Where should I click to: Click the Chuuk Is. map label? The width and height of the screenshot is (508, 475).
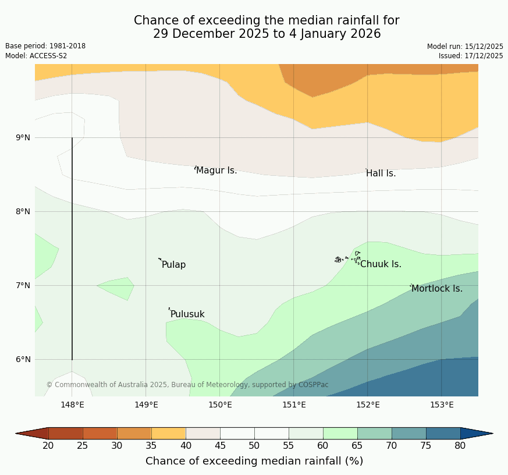pos(381,264)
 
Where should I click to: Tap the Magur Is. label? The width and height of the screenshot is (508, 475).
pos(216,171)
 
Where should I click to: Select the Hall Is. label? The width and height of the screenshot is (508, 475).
pos(381,173)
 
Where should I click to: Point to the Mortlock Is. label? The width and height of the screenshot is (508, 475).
pos(436,289)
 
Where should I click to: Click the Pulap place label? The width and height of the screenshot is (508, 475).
pos(173,265)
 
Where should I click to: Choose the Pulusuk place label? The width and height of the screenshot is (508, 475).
pos(187,314)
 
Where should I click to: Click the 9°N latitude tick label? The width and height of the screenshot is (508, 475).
pos(23,137)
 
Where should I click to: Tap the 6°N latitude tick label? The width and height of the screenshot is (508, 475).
pos(23,359)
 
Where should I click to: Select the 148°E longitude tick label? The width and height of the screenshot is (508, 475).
pos(72,405)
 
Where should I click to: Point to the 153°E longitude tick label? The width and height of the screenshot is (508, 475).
pos(442,405)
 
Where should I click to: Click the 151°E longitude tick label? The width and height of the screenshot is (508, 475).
pos(294,405)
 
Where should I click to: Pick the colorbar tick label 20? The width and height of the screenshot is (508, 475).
pos(48,446)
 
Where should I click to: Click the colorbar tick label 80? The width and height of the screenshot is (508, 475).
pos(460,446)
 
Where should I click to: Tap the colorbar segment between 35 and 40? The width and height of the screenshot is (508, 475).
pos(169,433)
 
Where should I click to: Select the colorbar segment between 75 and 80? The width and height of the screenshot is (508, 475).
pos(443,433)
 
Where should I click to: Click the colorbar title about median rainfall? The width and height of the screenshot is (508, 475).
pos(254,461)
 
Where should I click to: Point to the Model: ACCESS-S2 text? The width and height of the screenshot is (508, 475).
pos(36,56)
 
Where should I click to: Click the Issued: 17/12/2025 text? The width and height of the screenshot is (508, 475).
pos(471,56)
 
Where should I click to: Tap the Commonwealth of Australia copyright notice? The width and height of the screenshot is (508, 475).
pos(187,385)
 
